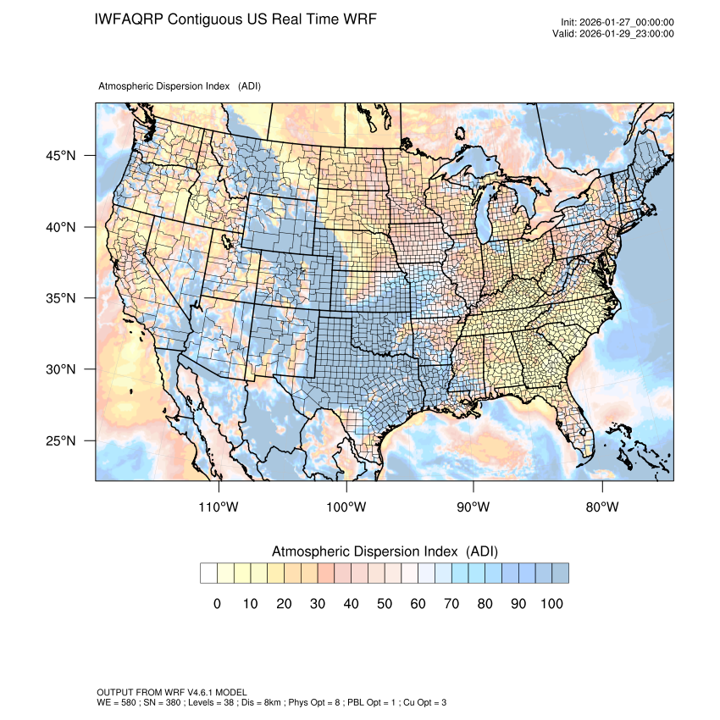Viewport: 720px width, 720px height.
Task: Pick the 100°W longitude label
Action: (x=346, y=507)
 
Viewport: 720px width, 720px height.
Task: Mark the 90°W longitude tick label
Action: (x=474, y=507)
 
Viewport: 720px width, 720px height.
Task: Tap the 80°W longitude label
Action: (x=601, y=507)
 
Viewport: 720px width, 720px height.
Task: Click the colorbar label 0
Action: (x=217, y=604)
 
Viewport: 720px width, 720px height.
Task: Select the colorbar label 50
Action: (x=385, y=604)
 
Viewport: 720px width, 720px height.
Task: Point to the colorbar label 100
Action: (x=551, y=604)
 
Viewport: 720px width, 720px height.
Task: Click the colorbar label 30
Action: (x=318, y=604)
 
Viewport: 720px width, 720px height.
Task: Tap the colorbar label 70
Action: (x=451, y=604)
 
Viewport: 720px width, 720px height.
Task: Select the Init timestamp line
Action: (x=618, y=23)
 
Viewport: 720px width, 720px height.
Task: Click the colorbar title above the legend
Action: (x=385, y=551)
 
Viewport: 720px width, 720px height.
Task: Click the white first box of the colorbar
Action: (x=209, y=573)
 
